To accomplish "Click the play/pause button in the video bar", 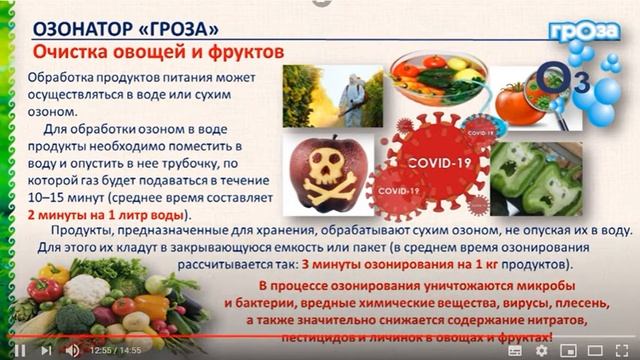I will [18, 350].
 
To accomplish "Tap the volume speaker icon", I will [72, 350].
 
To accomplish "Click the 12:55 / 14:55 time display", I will [115, 351].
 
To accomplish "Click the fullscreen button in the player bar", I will [622, 350].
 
